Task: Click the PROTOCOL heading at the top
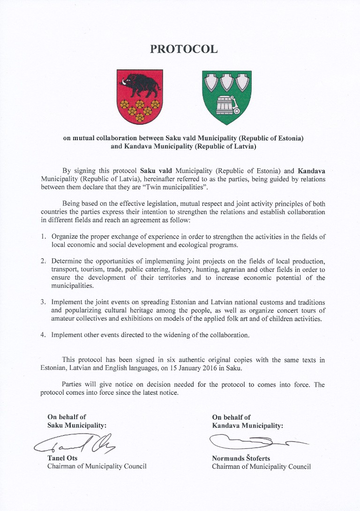tap(184, 49)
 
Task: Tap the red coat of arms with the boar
tap(139, 96)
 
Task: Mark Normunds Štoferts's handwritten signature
tap(253, 441)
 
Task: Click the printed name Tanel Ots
tap(62, 458)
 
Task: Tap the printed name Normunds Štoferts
tap(241, 458)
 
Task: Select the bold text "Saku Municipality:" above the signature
tap(77, 426)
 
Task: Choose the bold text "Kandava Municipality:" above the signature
tap(247, 426)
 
